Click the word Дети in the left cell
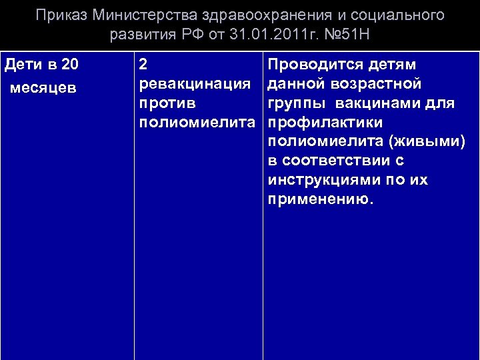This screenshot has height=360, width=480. tap(23, 65)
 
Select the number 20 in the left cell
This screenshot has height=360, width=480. tap(69, 65)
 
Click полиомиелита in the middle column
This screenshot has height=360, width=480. tap(197, 123)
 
